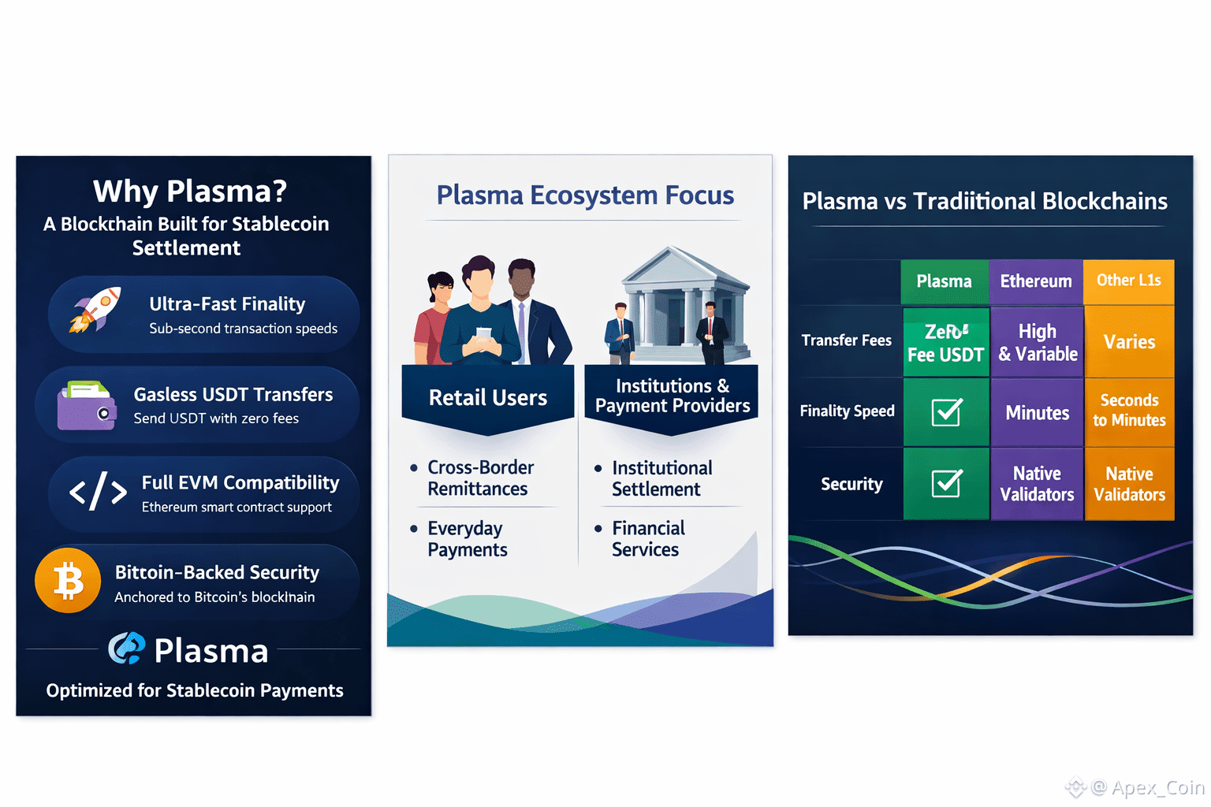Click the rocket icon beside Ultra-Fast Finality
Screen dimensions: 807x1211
(95, 309)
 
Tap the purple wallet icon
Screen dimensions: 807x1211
(86, 406)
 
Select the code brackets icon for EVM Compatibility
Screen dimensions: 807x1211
(98, 493)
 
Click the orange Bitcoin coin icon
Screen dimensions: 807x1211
(68, 580)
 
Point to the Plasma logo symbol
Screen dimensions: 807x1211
(127, 649)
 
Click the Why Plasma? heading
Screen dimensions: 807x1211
(189, 192)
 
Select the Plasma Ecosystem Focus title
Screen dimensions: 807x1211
(585, 195)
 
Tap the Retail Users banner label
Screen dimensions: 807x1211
(487, 398)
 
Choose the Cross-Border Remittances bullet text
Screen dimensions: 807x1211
(480, 478)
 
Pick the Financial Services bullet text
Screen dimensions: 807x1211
(648, 539)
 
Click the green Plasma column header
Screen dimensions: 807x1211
(944, 281)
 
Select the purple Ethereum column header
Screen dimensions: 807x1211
(1036, 281)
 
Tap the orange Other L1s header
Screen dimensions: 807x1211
(1128, 281)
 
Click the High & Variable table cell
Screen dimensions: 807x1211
(1038, 342)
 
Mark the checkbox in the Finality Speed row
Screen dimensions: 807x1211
(945, 412)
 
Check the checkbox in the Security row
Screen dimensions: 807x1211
(945, 484)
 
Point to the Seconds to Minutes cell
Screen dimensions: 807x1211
(1129, 411)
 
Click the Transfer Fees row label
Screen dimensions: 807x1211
(846, 340)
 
